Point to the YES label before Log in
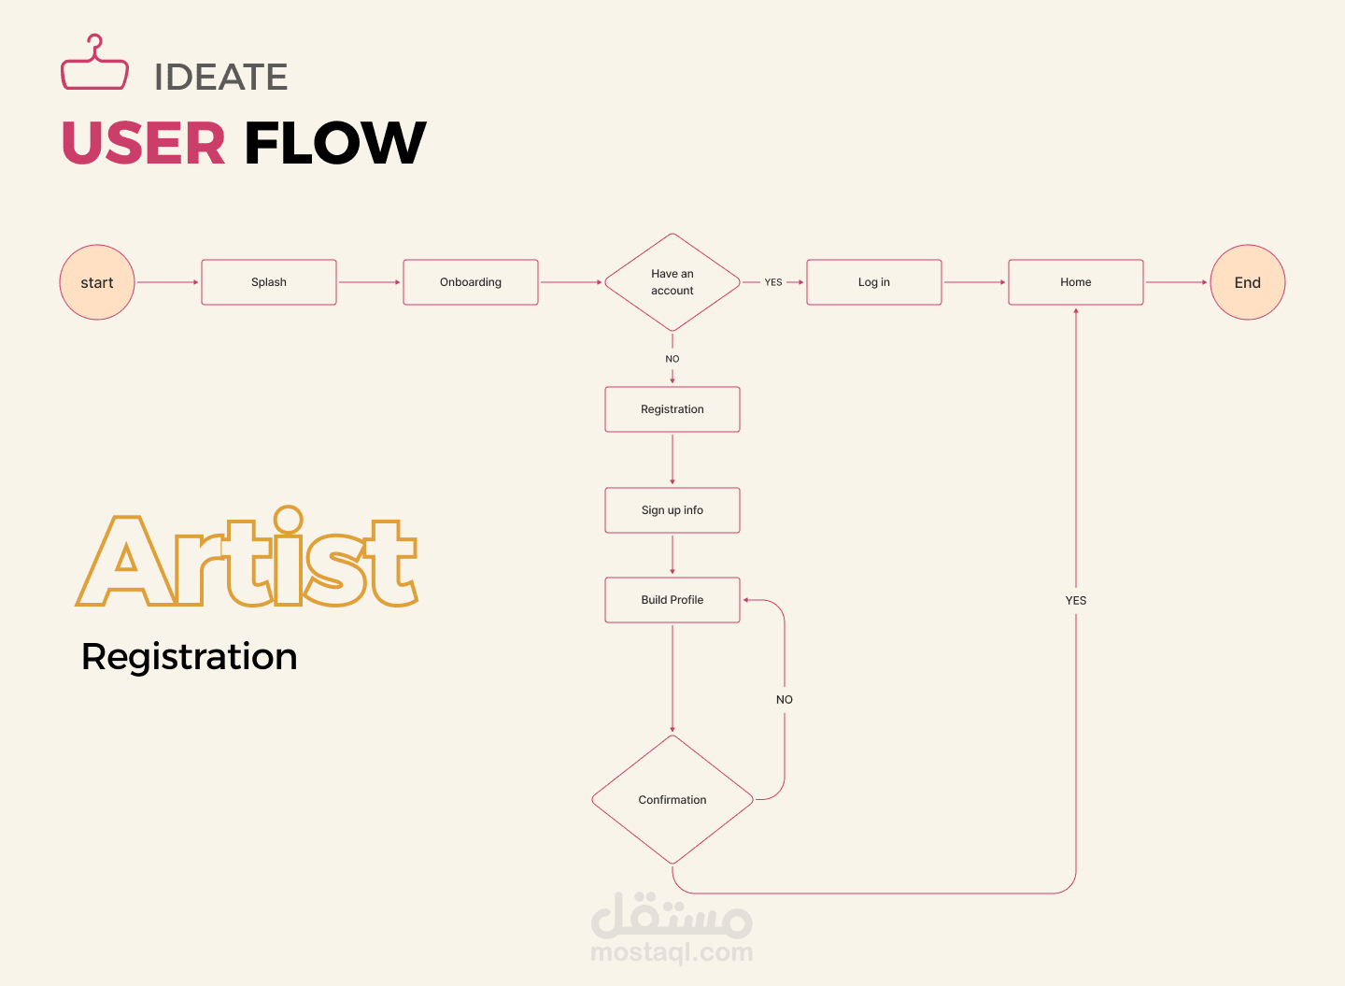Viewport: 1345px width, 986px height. coord(772,282)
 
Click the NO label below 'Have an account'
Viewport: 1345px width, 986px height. coord(672,359)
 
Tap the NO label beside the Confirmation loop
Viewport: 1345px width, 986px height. coord(785,699)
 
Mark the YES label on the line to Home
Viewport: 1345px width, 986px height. coord(1075,600)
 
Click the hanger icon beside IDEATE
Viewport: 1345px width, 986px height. coord(94,62)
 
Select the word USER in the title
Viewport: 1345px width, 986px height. coord(144,142)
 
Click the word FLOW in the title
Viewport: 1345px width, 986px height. coord(335,142)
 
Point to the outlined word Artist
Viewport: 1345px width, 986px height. coord(247,556)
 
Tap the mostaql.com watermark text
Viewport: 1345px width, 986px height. coord(672,952)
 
